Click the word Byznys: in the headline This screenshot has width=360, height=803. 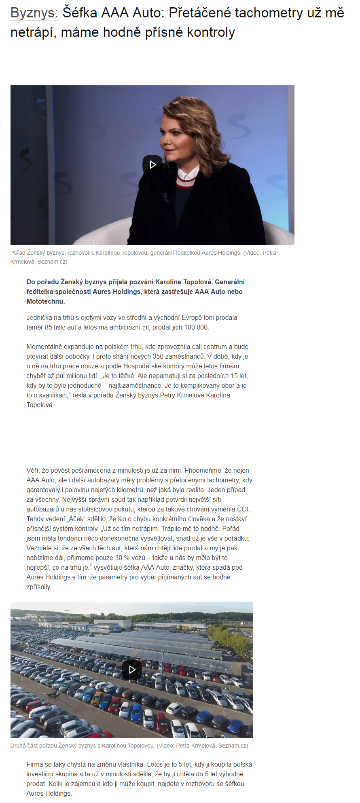tap(34, 13)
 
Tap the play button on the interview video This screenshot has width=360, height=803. tap(152, 165)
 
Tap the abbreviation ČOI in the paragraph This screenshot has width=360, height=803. tap(244, 509)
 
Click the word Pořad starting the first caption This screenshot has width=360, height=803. tap(18, 253)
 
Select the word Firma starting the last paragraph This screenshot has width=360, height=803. tap(35, 764)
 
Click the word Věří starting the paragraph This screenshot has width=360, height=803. tap(33, 470)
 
